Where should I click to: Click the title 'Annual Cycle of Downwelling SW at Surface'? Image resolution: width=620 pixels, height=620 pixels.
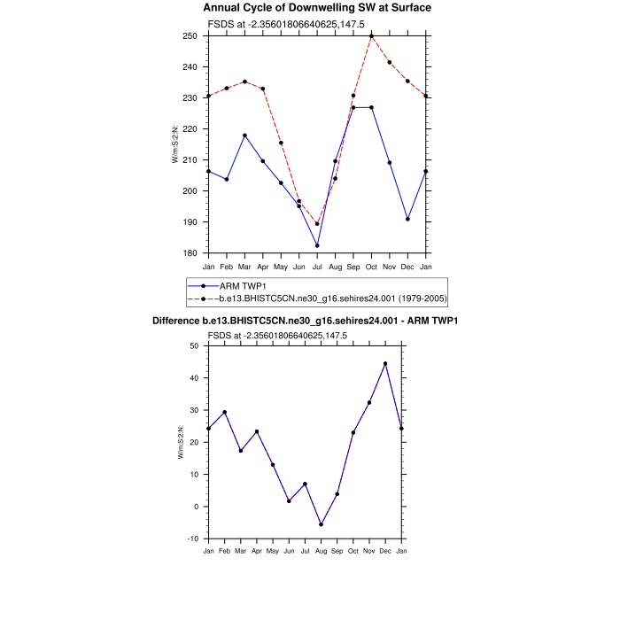pos(318,8)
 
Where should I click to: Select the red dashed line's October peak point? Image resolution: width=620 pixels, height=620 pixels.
pos(371,36)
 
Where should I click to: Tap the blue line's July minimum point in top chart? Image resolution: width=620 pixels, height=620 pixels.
pos(317,245)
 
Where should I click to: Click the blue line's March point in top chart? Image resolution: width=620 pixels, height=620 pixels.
pos(244,136)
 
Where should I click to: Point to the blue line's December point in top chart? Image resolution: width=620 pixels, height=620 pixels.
pos(407,219)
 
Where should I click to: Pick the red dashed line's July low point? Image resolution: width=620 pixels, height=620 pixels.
pos(317,224)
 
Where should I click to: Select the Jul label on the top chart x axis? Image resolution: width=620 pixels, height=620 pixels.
pos(317,267)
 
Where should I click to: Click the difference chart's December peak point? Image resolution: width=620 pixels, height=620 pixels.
pos(385,363)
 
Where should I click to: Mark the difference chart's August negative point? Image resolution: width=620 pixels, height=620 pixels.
pos(321,524)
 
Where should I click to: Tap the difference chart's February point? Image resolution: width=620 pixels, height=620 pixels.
pos(224,412)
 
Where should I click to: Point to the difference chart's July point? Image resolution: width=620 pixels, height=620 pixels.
pos(305,484)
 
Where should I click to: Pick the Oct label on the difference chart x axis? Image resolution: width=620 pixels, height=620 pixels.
pos(353,552)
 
